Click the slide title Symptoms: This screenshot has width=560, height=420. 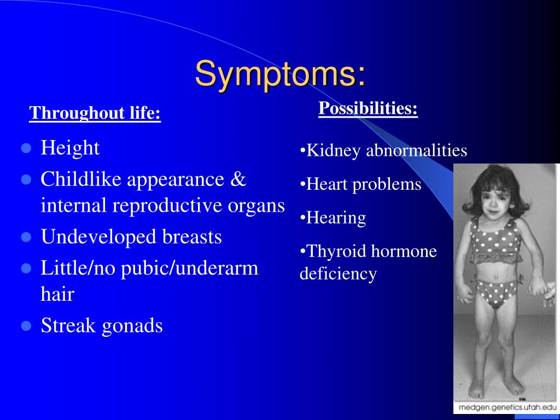pos(281,74)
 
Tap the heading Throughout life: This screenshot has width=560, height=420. pos(95,113)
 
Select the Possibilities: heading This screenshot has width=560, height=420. pos(368,108)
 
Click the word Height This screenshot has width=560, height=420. pos(70,148)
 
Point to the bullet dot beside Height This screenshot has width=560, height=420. pos(26,148)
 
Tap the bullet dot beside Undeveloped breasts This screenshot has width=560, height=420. pos(26,237)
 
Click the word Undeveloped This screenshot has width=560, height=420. pos(99,237)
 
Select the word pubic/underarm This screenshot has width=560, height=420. pos(189,268)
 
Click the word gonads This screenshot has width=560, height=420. pos(132,326)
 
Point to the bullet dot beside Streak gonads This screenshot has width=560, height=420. pos(26,326)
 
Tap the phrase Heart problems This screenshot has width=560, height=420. pos(364,185)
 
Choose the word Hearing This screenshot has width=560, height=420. pos(336,218)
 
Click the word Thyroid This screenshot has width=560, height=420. pos(336,252)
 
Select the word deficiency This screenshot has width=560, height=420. pos(338,274)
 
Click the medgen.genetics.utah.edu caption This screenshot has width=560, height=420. pos(507,407)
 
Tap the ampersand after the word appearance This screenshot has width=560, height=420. pos(238,179)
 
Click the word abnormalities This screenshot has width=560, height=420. pos(417,150)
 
